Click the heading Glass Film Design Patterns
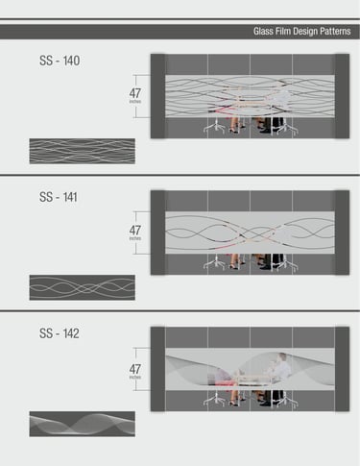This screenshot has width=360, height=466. point(301,32)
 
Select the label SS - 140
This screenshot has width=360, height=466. point(60,61)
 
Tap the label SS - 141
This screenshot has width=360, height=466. point(59,197)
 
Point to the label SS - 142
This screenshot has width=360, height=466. point(60,333)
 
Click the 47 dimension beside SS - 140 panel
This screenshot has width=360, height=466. point(135,93)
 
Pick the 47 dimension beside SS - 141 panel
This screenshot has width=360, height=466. point(135,231)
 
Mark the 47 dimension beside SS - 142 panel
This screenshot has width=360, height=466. point(135,369)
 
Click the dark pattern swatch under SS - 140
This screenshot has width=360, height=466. point(83,151)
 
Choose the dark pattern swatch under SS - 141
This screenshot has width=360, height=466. point(83,287)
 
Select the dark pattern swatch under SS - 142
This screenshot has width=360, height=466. point(83,424)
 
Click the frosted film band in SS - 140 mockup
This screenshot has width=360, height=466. point(250,96)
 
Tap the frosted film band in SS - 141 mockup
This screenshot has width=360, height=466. point(250,233)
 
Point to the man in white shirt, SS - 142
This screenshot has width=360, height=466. point(280,367)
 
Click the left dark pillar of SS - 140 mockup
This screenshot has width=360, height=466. point(158,96)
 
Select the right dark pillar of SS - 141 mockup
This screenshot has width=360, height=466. point(342,233)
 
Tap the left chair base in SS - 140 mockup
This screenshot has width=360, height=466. point(214,128)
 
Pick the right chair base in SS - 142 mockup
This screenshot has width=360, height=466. point(287,401)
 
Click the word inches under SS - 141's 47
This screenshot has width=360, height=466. point(135,238)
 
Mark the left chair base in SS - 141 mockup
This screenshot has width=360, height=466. point(214,264)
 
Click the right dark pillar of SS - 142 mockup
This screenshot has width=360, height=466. point(342,369)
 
